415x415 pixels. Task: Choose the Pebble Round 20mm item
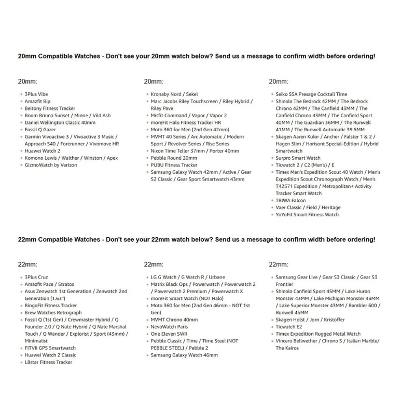tap(174, 158)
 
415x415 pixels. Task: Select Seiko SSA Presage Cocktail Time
tap(311, 94)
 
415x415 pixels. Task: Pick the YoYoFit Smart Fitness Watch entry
tap(307, 214)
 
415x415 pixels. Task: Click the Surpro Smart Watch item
tap(298, 158)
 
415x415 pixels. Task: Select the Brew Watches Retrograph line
tap(53, 313)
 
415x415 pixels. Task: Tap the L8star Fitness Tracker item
tap(48, 362)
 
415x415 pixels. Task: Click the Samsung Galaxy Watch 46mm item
tap(184, 355)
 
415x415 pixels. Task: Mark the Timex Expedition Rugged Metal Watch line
tap(318, 334)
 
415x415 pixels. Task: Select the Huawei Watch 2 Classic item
tap(50, 355)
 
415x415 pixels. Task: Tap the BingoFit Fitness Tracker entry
tap(50, 306)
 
